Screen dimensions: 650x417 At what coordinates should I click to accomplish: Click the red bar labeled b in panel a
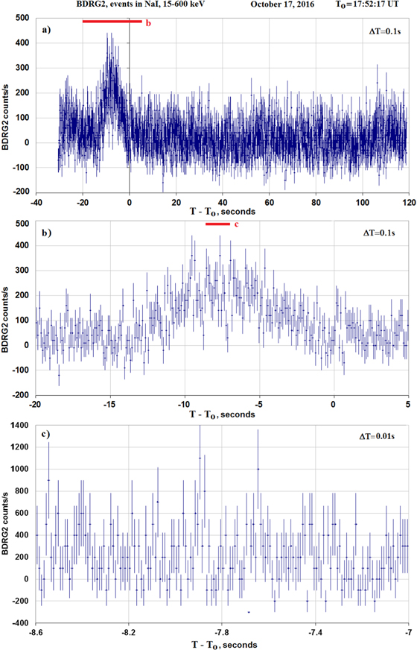pyautogui.click(x=112, y=22)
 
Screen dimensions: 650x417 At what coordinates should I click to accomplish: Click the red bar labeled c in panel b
pyautogui.click(x=217, y=223)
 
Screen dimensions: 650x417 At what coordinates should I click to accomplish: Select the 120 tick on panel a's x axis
pyautogui.click(x=407, y=201)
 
